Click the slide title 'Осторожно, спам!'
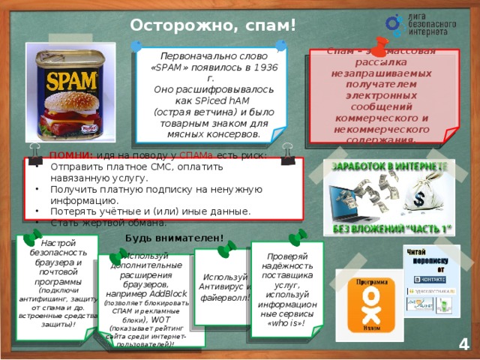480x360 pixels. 213,25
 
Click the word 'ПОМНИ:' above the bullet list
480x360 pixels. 69,155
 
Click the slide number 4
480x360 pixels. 463,344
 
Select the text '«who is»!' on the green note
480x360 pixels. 286,323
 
